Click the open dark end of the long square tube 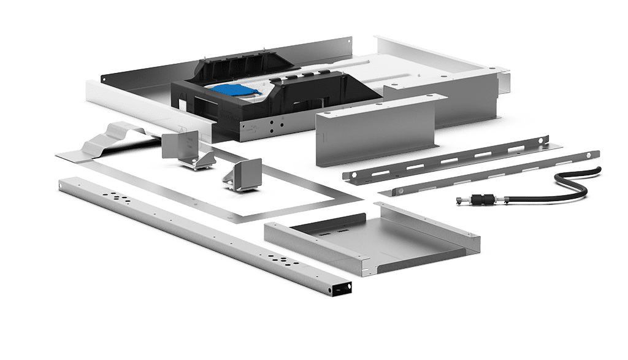340,288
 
